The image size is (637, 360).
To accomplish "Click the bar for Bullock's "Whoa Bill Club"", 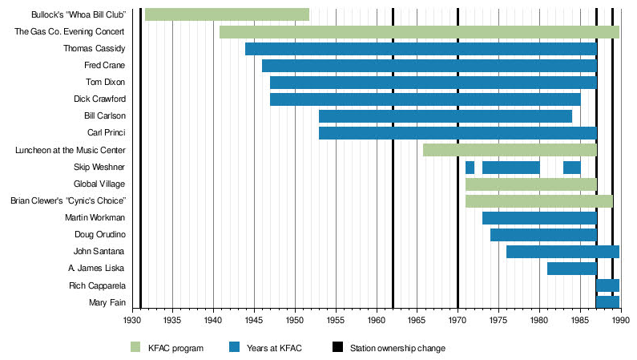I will [x=227, y=14].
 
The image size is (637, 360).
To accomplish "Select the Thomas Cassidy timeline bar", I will [x=421, y=49].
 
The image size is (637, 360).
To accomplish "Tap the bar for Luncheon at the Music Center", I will [x=510, y=150].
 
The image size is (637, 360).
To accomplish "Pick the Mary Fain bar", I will [x=607, y=302].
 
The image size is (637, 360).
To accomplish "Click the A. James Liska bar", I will [x=571, y=269].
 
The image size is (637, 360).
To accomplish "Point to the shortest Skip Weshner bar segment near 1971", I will [x=470, y=167].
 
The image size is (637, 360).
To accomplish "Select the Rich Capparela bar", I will [x=607, y=285].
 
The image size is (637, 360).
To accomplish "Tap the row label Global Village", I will [x=99, y=184].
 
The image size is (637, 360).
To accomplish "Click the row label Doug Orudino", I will [x=101, y=235].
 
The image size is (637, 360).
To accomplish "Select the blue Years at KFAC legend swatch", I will [x=234, y=347].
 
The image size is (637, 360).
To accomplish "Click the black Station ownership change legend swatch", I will [x=337, y=347].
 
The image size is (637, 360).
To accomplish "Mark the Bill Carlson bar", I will [x=445, y=116].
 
